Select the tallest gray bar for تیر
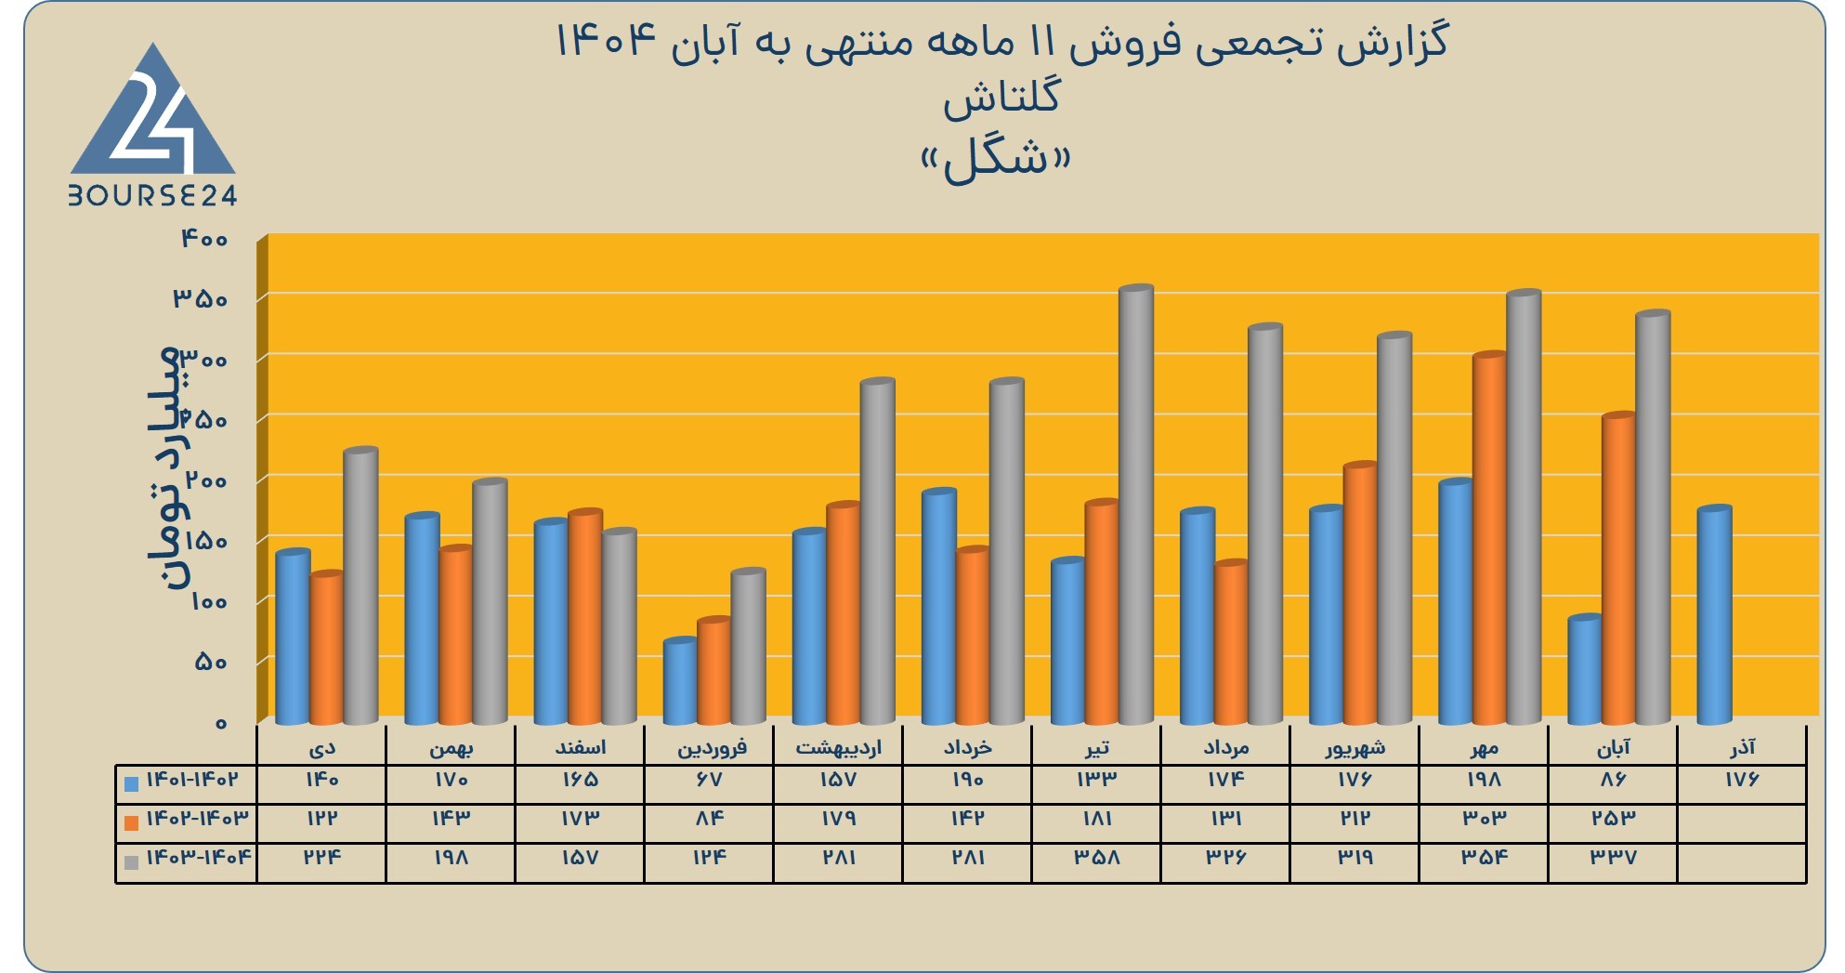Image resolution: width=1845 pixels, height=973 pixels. (x=1136, y=505)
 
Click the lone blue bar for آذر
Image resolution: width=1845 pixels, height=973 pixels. (x=1714, y=615)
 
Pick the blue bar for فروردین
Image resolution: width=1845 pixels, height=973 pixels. (x=680, y=681)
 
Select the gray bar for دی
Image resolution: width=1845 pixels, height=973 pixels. (x=360, y=585)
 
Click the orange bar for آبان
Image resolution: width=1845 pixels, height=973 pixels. (x=1618, y=569)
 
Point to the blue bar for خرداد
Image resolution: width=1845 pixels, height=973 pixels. (x=939, y=606)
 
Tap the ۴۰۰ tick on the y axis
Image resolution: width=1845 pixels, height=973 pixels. (x=203, y=239)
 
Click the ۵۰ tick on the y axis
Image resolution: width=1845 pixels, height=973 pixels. (x=210, y=662)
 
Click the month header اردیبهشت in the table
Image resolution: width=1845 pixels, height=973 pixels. (x=838, y=747)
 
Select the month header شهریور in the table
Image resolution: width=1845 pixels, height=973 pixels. (x=1355, y=747)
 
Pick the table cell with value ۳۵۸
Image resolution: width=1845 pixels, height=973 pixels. (x=1097, y=857)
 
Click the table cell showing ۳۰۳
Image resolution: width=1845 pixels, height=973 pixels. (x=1484, y=818)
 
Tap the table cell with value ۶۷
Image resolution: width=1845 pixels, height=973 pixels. (x=709, y=780)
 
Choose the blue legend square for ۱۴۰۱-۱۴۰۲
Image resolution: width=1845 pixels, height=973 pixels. (x=131, y=783)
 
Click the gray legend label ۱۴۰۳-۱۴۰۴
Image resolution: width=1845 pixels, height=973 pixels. (x=199, y=856)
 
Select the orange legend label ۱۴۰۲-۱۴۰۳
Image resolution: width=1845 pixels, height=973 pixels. (x=198, y=818)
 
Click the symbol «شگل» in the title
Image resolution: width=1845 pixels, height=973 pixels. (x=996, y=160)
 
